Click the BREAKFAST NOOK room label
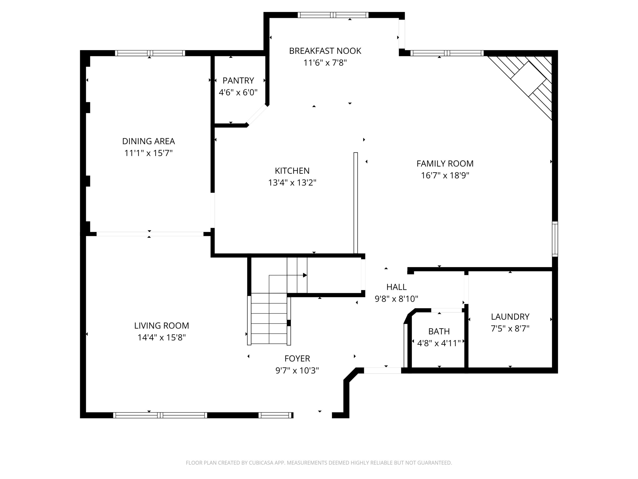pyautogui.click(x=325, y=51)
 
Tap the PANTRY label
pyautogui.click(x=238, y=80)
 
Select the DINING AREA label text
pyautogui.click(x=149, y=141)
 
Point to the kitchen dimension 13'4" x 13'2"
pyautogui.click(x=292, y=182)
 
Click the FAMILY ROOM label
pyautogui.click(x=445, y=164)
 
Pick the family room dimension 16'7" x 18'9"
pyautogui.click(x=445, y=176)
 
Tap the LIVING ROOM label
pyautogui.click(x=161, y=326)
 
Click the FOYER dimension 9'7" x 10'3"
pyautogui.click(x=297, y=370)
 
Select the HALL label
pyautogui.click(x=397, y=287)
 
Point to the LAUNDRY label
pyautogui.click(x=510, y=317)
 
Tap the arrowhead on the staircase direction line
pyautogui.click(x=305, y=275)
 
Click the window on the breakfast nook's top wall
pyautogui.click(x=333, y=15)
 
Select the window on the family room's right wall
pyautogui.click(x=555, y=239)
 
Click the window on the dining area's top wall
pyautogui.click(x=150, y=53)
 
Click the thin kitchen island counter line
pyautogui.click(x=356, y=203)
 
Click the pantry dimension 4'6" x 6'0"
pyautogui.click(x=238, y=92)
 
